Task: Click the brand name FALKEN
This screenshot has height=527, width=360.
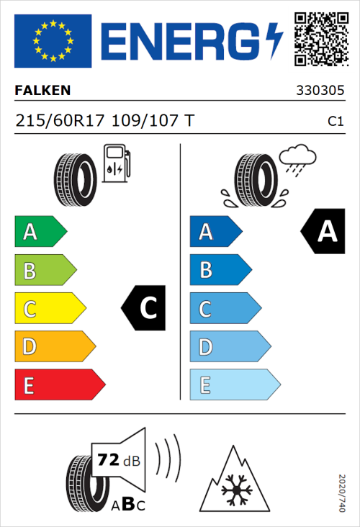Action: pyautogui.click(x=43, y=91)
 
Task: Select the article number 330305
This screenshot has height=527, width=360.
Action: pyautogui.click(x=319, y=91)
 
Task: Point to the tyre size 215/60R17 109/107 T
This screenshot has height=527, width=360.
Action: pyautogui.click(x=104, y=121)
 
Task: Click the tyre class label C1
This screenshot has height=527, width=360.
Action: pyautogui.click(x=335, y=122)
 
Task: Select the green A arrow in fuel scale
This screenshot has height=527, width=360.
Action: pyautogui.click(x=40, y=232)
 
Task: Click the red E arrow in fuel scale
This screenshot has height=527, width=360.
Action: pyautogui.click(x=59, y=386)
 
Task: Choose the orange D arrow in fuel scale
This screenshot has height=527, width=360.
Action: pyautogui.click(x=54, y=348)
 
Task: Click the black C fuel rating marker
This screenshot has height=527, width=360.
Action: pyautogui.click(x=145, y=309)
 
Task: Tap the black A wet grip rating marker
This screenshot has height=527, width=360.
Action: pyautogui.click(x=321, y=231)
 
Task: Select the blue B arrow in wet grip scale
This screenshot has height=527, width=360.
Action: pyautogui.click(x=220, y=271)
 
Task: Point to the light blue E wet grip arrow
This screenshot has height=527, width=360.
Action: pyautogui.click(x=234, y=386)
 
